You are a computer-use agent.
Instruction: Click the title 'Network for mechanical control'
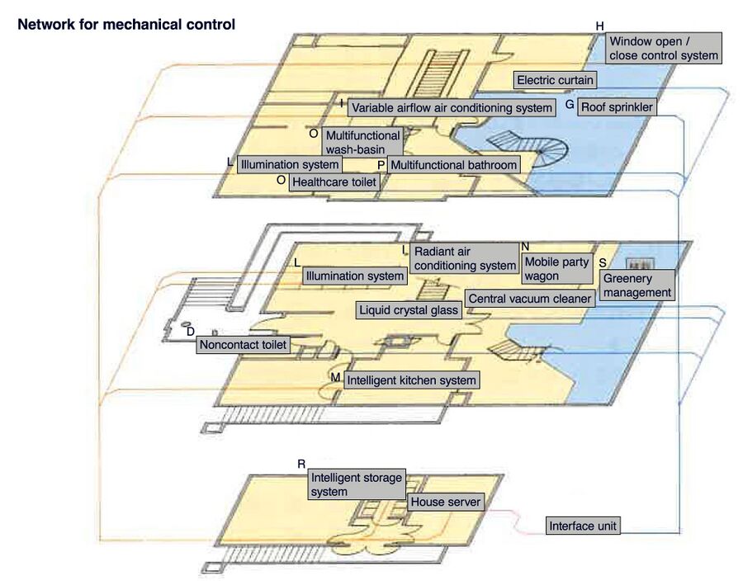(x=126, y=25)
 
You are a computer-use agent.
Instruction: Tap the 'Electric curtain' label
(x=555, y=80)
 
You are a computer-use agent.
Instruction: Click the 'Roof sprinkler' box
(x=616, y=106)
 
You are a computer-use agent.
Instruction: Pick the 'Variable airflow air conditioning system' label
(x=451, y=107)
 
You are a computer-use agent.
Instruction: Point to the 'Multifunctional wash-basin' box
(x=362, y=142)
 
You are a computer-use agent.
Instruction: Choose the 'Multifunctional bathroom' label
(x=453, y=164)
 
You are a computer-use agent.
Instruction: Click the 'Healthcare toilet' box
(x=334, y=182)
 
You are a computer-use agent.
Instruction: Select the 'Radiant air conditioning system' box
(x=464, y=258)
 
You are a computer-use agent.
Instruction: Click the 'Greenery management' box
(x=637, y=285)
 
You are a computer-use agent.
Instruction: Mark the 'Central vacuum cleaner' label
(x=530, y=298)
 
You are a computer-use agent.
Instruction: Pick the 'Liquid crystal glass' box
(x=409, y=310)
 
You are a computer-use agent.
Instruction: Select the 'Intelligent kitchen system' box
(x=411, y=380)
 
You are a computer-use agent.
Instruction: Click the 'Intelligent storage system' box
(x=356, y=484)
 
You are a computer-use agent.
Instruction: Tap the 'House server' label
(x=445, y=502)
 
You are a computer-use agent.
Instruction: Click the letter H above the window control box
(x=600, y=26)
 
